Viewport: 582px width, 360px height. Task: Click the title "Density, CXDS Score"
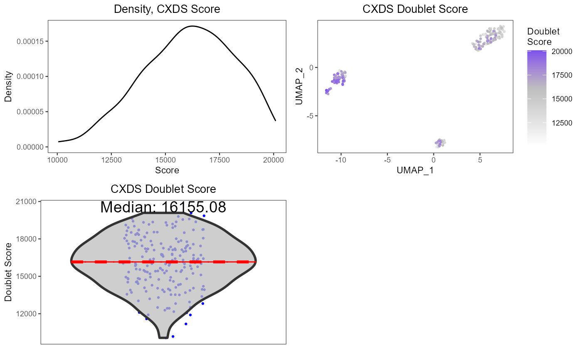[x=167, y=9]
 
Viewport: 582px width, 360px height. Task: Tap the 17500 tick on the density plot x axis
[x=219, y=160]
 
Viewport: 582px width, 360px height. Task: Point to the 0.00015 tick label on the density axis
[x=32, y=41]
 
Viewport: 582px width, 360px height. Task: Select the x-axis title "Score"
[x=167, y=170]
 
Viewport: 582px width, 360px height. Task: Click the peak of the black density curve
[x=192, y=26]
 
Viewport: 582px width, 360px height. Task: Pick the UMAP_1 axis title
[x=415, y=170]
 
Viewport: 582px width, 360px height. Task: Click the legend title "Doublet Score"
[x=543, y=37]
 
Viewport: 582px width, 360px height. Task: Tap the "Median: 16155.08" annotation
[x=163, y=207]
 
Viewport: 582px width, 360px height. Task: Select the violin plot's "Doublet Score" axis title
[x=8, y=272]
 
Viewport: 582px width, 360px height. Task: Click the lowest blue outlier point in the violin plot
[x=173, y=336]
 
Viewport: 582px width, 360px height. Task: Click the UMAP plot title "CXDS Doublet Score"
[x=415, y=9]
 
